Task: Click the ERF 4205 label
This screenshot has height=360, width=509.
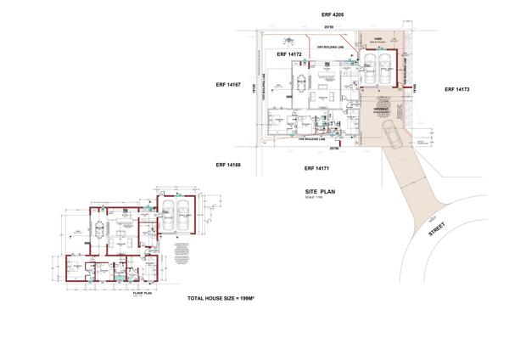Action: [x=333, y=16]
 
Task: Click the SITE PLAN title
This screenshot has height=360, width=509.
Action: [x=322, y=194]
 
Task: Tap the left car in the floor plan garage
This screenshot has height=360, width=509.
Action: [x=169, y=216]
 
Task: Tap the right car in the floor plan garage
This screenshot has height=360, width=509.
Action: [x=184, y=216]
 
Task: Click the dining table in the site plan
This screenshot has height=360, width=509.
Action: [x=302, y=82]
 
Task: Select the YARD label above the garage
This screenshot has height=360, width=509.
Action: [x=378, y=39]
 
